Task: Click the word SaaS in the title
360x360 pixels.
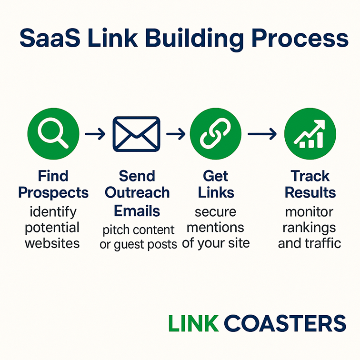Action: tap(50, 38)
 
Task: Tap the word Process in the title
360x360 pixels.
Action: tap(300, 38)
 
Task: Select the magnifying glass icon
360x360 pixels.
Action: tap(53, 134)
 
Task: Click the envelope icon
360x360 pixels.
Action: tap(136, 134)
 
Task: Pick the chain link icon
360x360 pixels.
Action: tap(216, 134)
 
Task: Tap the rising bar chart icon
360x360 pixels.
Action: tap(310, 134)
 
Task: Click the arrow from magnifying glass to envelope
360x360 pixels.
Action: tap(95, 134)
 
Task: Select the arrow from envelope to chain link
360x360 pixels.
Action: tap(176, 134)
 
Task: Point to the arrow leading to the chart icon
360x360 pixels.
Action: tap(262, 134)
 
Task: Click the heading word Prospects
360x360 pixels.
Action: tap(53, 193)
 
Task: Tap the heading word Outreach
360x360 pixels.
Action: tap(137, 192)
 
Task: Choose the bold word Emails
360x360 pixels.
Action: tap(137, 211)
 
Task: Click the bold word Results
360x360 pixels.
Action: tap(310, 192)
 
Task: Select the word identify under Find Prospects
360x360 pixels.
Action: tap(53, 212)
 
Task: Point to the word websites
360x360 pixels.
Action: tap(52, 243)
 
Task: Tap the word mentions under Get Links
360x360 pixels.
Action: tap(215, 228)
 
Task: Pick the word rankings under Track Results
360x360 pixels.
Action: tap(309, 228)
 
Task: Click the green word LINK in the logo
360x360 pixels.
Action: tap(193, 323)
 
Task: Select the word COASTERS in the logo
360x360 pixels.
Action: tap(285, 323)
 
